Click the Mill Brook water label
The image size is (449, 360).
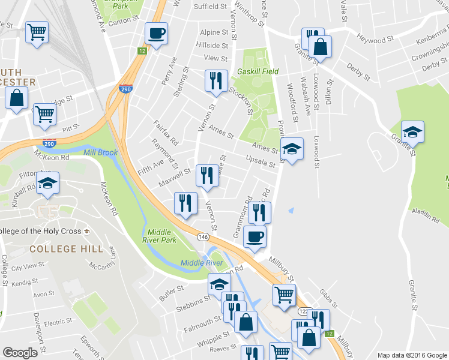pyautogui.click(x=100, y=153)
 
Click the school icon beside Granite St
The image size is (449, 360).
pyautogui.click(x=412, y=131)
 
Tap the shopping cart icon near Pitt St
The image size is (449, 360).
pyautogui.click(x=44, y=115)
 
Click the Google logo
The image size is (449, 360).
pyautogui.click(x=20, y=352)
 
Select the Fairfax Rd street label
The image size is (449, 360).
pyautogui.click(x=166, y=133)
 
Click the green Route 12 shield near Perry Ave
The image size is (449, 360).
pyautogui.click(x=142, y=51)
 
